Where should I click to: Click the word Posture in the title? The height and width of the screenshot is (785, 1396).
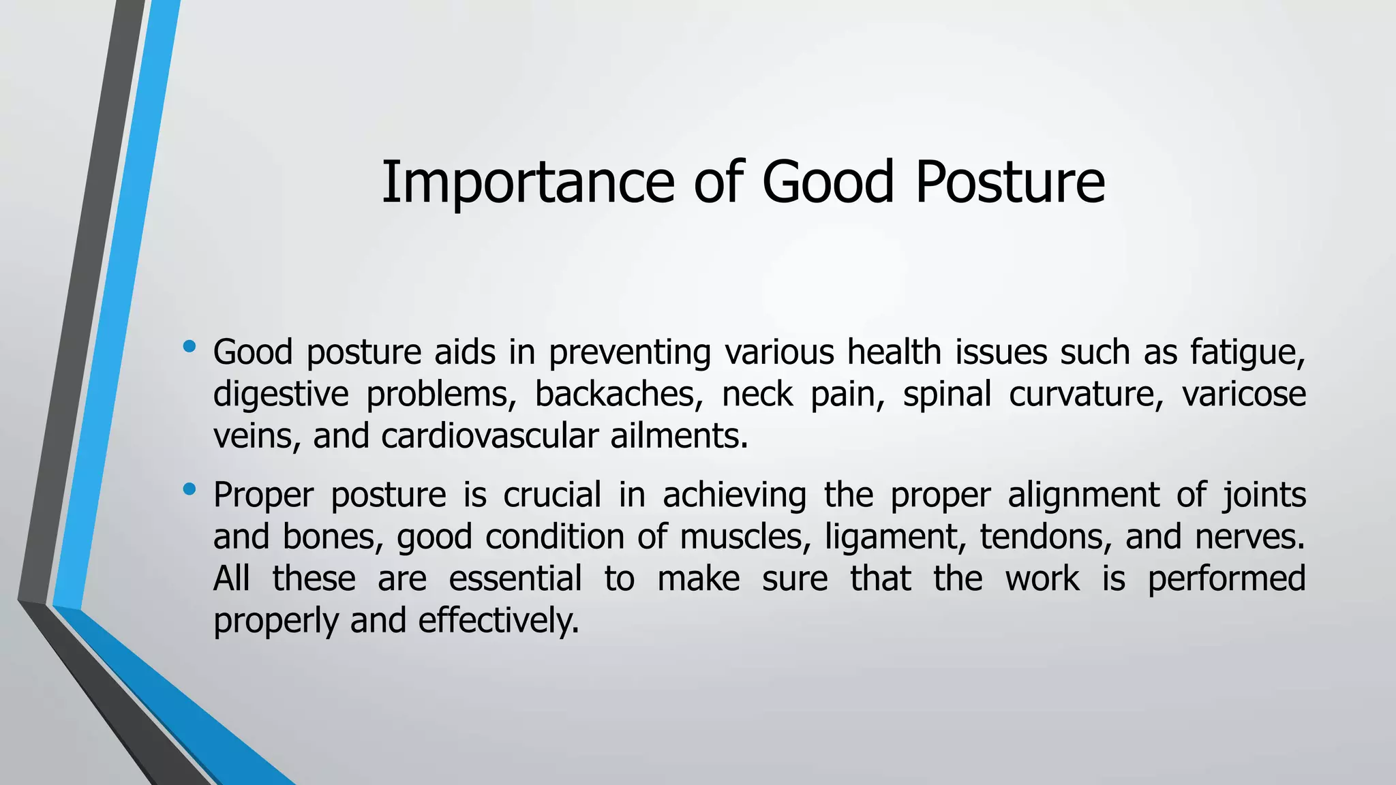(x=1010, y=183)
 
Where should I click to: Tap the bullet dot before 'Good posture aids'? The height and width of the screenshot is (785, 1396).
(x=189, y=348)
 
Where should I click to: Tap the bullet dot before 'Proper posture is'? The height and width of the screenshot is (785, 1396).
(x=189, y=489)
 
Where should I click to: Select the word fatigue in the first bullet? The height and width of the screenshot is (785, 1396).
(x=1247, y=353)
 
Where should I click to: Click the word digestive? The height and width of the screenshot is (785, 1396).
(x=281, y=395)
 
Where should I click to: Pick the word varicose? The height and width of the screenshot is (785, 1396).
(x=1243, y=395)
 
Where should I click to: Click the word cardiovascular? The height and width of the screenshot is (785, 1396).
(x=489, y=437)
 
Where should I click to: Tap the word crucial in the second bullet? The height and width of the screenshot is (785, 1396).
(x=552, y=495)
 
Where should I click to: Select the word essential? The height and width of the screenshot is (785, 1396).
(x=515, y=579)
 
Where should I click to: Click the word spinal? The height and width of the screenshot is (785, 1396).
(x=947, y=395)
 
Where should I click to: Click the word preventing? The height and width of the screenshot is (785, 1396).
(x=629, y=353)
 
